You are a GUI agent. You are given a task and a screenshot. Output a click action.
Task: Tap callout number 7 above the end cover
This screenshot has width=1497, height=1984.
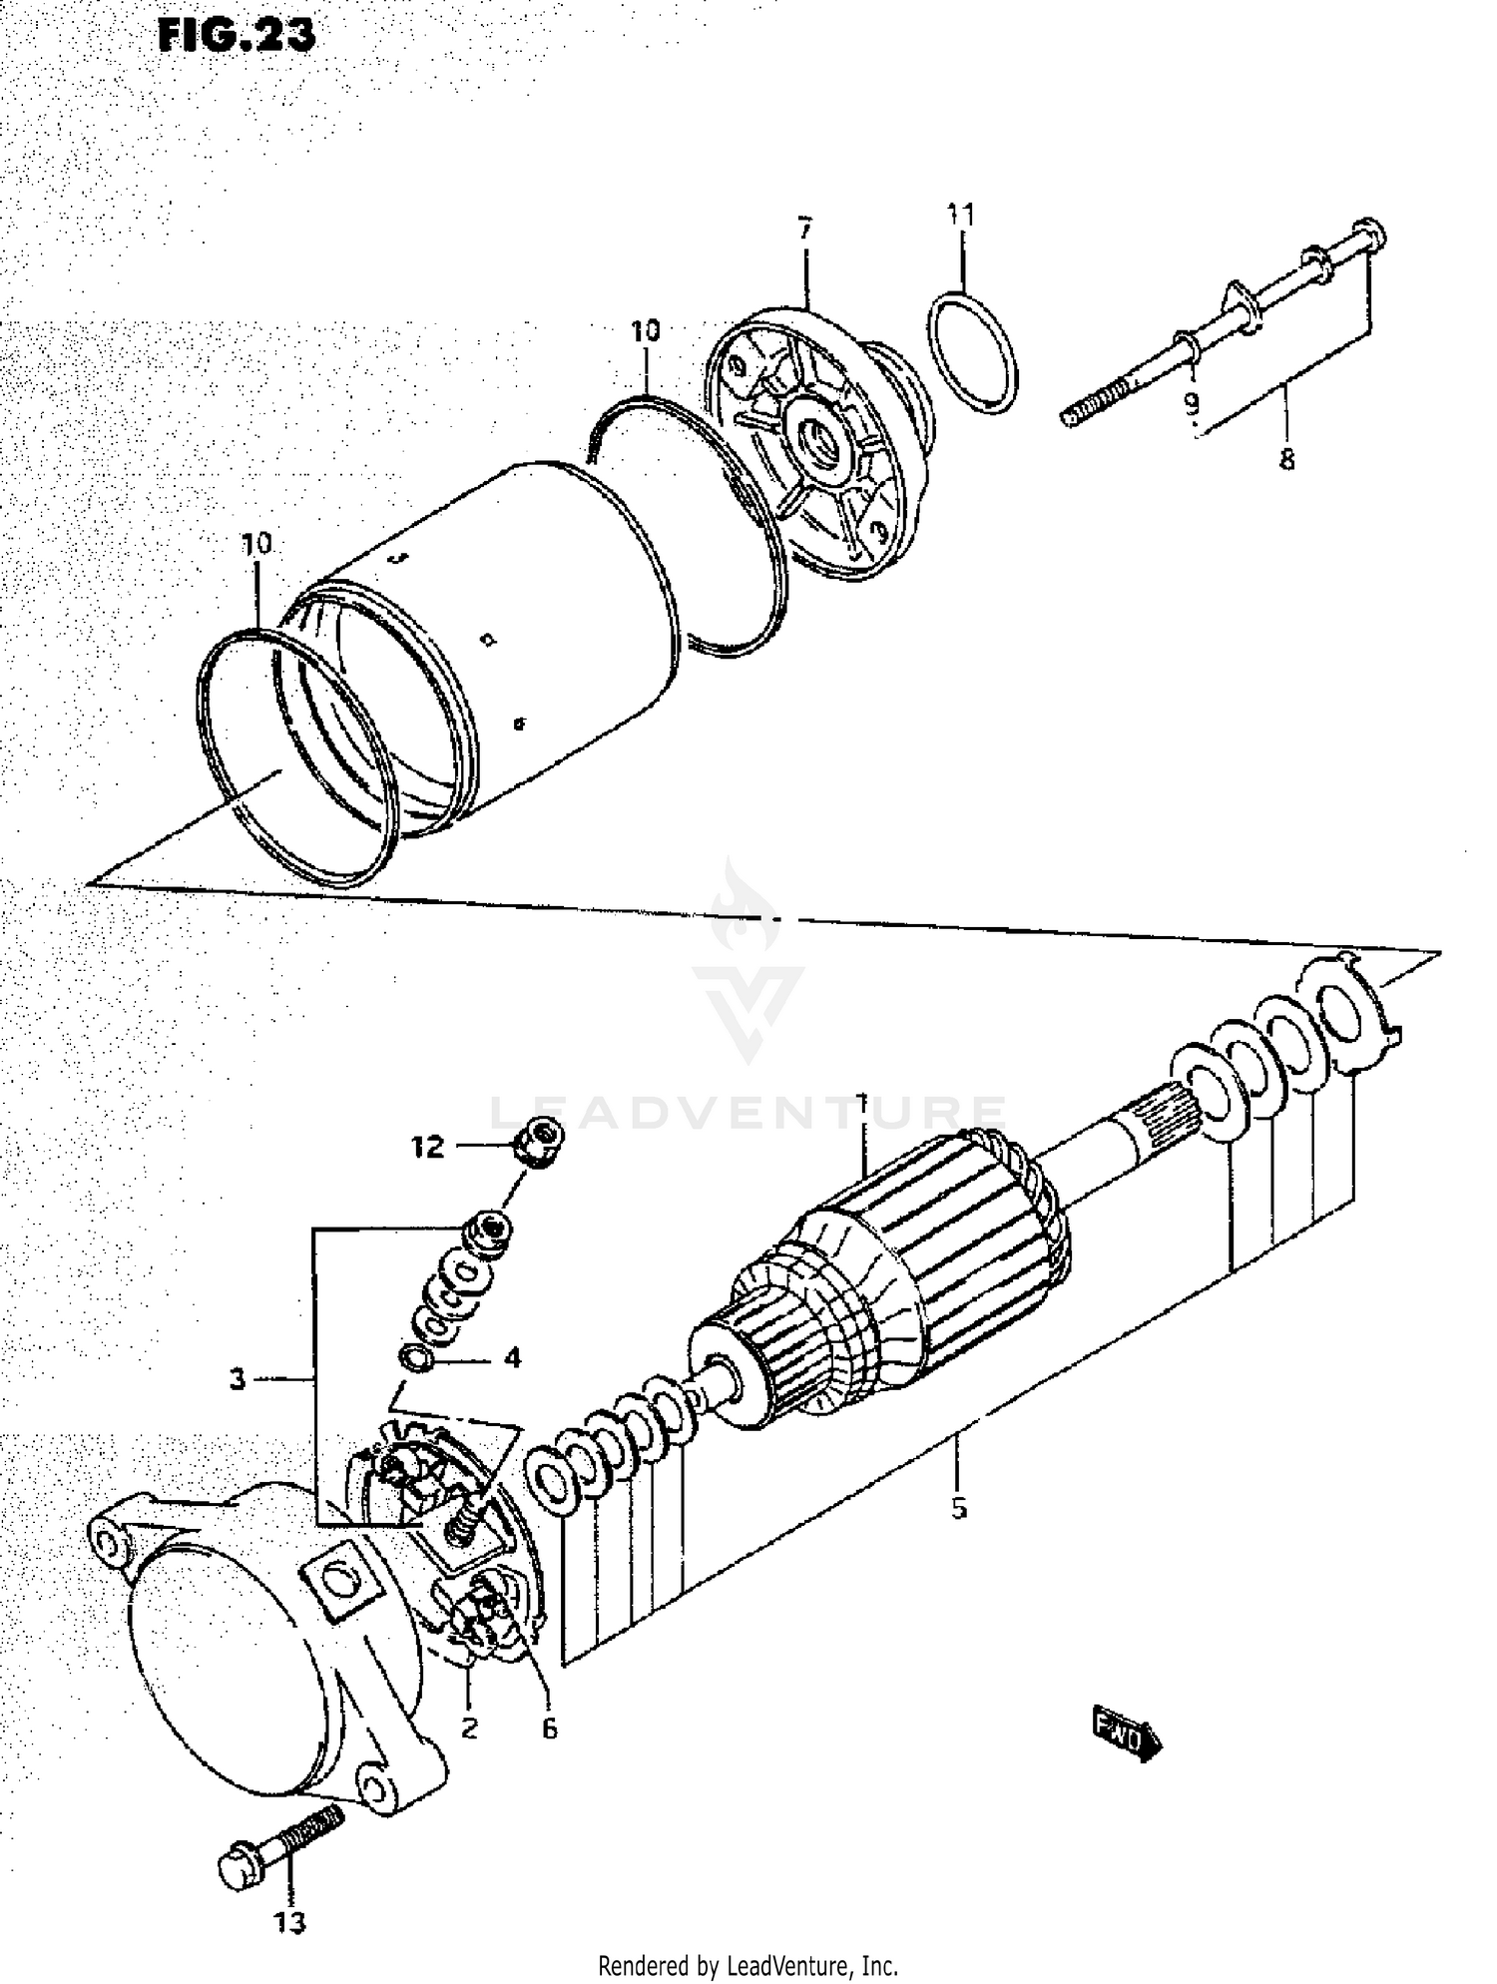[x=805, y=230]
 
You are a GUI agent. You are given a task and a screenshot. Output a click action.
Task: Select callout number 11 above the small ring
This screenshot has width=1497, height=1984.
[x=961, y=214]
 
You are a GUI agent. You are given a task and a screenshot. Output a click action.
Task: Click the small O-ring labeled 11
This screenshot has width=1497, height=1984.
[x=974, y=351]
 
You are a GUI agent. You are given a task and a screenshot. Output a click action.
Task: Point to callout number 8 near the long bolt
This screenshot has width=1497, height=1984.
[x=1286, y=459]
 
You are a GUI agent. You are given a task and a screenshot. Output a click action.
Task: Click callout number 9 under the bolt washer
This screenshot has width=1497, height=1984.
[x=1193, y=403]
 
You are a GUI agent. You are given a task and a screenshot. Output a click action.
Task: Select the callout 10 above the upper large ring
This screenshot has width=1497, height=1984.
[x=646, y=330]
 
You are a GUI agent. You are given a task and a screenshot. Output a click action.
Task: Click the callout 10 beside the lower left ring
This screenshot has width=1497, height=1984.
[x=256, y=544]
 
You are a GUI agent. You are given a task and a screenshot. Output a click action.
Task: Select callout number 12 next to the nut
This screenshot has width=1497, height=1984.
[x=427, y=1147]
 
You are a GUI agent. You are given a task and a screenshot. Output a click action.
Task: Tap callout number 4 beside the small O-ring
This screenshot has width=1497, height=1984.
[x=512, y=1357]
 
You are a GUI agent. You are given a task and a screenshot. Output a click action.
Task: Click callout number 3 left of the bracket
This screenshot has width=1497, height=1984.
[x=238, y=1380]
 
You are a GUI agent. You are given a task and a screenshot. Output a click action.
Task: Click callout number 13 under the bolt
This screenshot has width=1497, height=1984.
[x=289, y=1921]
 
